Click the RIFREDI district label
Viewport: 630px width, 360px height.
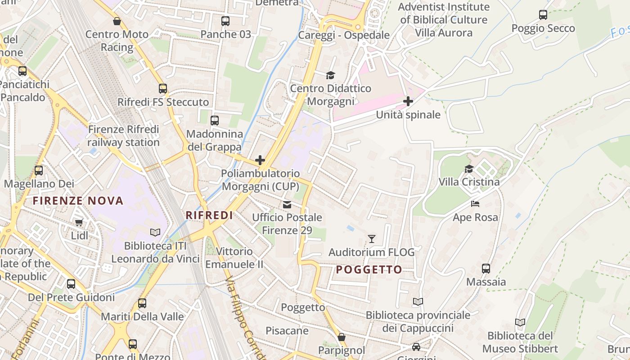coord(209,216)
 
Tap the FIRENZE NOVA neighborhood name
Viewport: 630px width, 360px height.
coord(78,201)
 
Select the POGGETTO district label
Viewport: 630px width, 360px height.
coord(369,270)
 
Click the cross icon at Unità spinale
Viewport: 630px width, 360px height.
coord(408,101)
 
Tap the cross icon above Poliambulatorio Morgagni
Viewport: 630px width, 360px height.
coord(260,160)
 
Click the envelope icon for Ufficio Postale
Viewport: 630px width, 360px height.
coord(287,205)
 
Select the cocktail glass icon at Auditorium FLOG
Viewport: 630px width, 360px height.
coord(372,238)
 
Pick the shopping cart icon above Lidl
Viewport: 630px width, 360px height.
coord(79,222)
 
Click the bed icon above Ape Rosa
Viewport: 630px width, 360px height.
coord(475,204)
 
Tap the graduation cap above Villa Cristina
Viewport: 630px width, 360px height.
coord(469,169)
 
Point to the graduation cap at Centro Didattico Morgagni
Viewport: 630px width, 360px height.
coord(331,75)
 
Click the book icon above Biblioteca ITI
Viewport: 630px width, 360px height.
coord(155,232)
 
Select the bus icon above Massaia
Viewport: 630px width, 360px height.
coord(486,269)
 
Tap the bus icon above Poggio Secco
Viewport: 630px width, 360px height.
coord(543,15)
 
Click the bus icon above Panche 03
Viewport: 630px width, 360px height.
coord(225,21)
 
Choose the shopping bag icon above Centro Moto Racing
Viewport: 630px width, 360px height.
coord(117,21)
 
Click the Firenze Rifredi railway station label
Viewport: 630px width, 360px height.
coord(123,136)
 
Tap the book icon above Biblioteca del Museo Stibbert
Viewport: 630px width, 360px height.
coord(520,322)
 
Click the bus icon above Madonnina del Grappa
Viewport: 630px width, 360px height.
coord(215,121)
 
